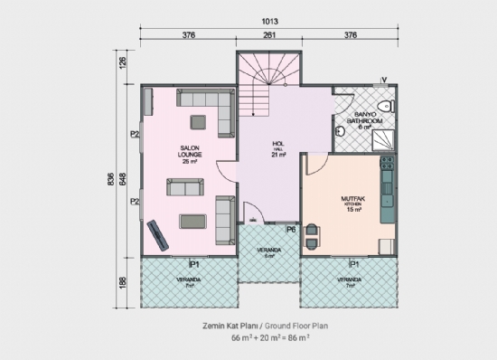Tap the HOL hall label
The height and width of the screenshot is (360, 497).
tap(278, 148)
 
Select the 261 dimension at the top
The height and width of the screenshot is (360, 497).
tap(269, 37)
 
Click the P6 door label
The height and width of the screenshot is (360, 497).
tap(291, 230)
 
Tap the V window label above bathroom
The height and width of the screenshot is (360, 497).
tap(385, 80)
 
